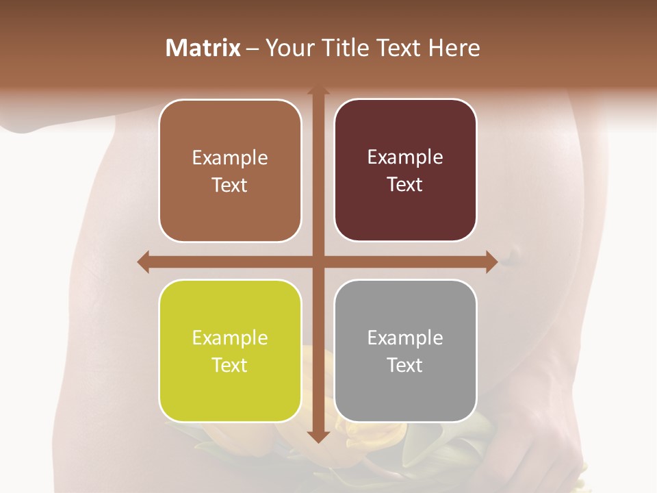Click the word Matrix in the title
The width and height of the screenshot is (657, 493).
pyautogui.click(x=203, y=48)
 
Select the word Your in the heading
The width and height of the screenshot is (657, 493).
pyautogui.click(x=288, y=48)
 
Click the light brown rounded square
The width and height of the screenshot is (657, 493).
pyautogui.click(x=230, y=171)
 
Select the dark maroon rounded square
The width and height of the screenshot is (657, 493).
pyautogui.click(x=405, y=170)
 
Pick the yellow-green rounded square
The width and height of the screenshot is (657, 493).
pyautogui.click(x=230, y=351)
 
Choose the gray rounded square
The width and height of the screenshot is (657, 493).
pyautogui.click(x=405, y=351)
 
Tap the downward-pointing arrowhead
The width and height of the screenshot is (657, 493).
pyautogui.click(x=318, y=436)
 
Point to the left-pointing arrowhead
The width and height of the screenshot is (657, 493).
pyautogui.click(x=143, y=262)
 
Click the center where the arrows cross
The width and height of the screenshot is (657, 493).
pyautogui.click(x=318, y=262)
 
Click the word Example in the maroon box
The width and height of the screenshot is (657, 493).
pyautogui.click(x=405, y=157)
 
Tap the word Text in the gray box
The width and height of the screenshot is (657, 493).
pyautogui.click(x=405, y=365)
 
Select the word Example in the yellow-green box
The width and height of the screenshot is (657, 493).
pyautogui.click(x=230, y=338)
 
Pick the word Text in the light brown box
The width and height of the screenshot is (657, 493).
pyautogui.click(x=230, y=185)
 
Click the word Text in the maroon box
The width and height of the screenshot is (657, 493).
pyautogui.click(x=405, y=184)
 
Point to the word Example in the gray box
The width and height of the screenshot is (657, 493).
pyautogui.click(x=405, y=338)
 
